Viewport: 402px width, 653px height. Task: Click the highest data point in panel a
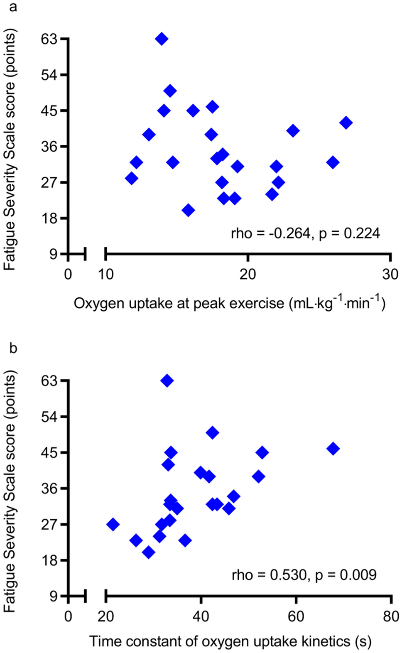[x=162, y=39]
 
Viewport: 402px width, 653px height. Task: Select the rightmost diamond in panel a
[x=346, y=123]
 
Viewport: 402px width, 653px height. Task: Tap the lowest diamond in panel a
[x=188, y=210]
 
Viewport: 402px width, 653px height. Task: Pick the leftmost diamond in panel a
[x=132, y=178]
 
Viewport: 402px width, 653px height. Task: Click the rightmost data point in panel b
[x=333, y=449]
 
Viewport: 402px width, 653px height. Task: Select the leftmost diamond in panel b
[x=113, y=524]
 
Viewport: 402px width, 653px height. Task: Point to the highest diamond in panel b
[x=167, y=381]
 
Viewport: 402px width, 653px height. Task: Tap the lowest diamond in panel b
[x=148, y=552]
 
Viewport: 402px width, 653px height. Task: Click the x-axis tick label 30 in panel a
[x=390, y=274]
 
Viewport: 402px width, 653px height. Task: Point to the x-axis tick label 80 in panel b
[x=391, y=616]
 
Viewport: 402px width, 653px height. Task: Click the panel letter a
[x=13, y=7]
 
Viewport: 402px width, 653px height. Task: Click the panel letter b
[x=13, y=348]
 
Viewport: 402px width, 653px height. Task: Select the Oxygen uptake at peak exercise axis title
[x=229, y=303]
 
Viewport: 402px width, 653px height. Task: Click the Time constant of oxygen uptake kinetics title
[x=230, y=641]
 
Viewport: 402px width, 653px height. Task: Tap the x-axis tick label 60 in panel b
[x=296, y=616]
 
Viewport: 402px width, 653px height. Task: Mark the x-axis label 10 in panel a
[x=106, y=274]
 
